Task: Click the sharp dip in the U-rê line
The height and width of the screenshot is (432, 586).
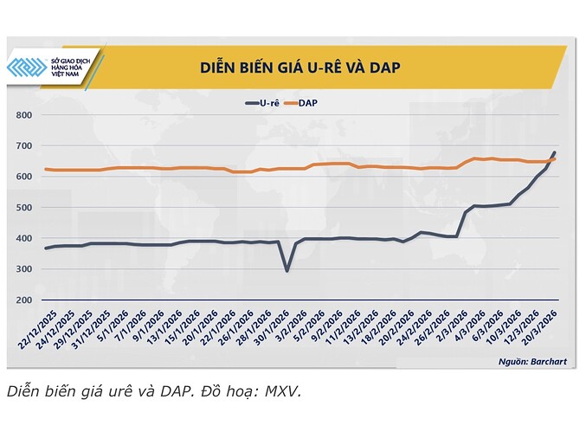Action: (287, 270)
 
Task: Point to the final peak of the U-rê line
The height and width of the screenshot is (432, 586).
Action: (554, 153)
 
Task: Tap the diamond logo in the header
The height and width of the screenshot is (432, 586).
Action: (27, 67)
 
